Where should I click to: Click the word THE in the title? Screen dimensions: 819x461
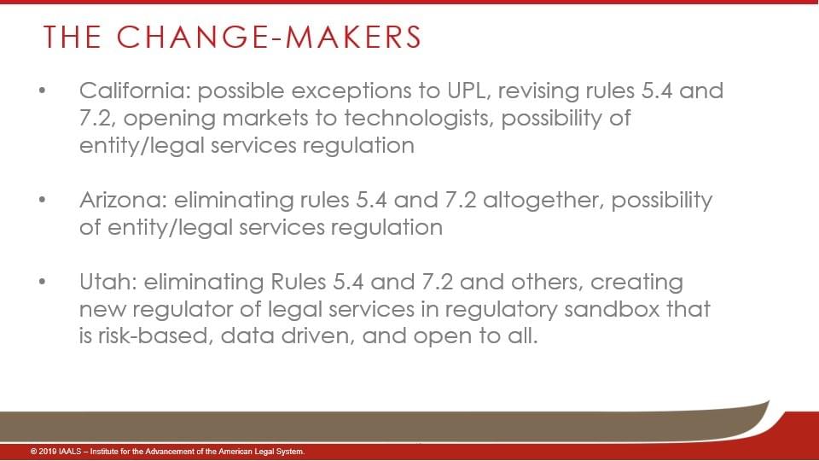[x=72, y=37]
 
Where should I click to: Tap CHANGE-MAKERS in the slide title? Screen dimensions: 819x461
[x=269, y=37]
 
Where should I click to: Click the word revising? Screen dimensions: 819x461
[x=538, y=92]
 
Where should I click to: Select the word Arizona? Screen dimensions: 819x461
[x=123, y=200]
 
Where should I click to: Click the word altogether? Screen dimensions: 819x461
[x=543, y=201]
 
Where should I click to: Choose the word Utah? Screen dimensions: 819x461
[x=108, y=282]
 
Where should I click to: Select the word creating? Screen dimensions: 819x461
[x=636, y=283]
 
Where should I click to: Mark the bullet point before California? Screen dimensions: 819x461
[x=43, y=91]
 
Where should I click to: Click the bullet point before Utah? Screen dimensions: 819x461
[x=43, y=282]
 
